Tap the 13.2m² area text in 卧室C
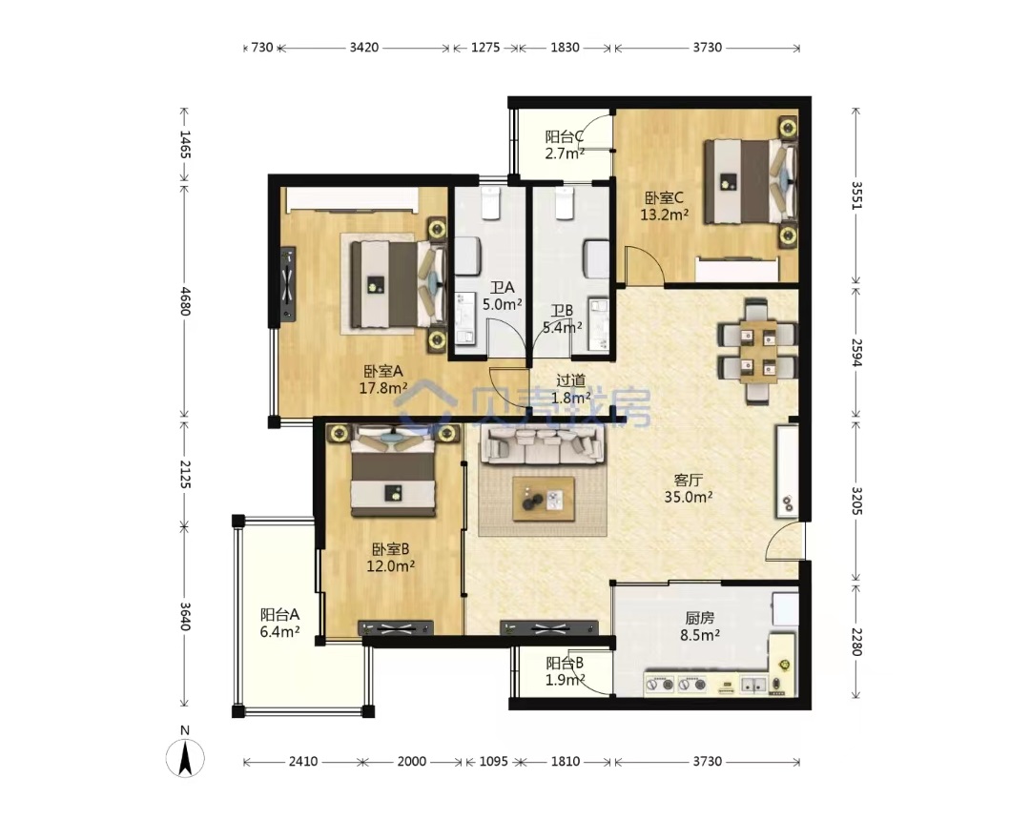[664, 215]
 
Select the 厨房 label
[699, 618]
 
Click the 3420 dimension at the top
[364, 48]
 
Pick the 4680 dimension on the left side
[185, 300]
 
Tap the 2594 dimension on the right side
[856, 352]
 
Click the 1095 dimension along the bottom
[493, 761]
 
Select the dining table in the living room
[758, 351]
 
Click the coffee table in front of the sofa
[544, 500]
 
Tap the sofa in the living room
[543, 444]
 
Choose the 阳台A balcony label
[279, 615]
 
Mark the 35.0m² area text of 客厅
[689, 497]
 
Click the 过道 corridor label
[571, 380]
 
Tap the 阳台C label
[565, 137]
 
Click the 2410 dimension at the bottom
[303, 761]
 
